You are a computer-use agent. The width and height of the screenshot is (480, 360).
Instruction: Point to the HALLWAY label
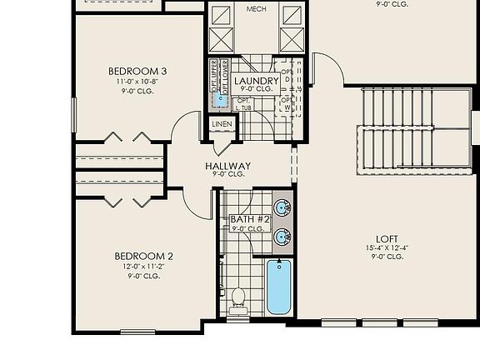point(227,166)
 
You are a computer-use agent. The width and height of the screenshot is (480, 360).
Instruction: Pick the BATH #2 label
point(247,219)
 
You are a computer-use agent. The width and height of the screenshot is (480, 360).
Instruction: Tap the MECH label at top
point(257,8)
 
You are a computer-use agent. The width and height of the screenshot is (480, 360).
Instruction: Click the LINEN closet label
point(222,124)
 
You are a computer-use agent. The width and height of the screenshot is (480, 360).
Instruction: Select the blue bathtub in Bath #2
point(279,287)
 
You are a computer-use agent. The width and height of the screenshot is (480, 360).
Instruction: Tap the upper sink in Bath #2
point(282,207)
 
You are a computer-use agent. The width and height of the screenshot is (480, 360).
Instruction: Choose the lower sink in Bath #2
point(282,238)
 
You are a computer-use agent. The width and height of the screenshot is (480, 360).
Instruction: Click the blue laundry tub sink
point(220,99)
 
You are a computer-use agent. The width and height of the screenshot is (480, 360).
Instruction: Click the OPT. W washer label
point(287,103)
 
